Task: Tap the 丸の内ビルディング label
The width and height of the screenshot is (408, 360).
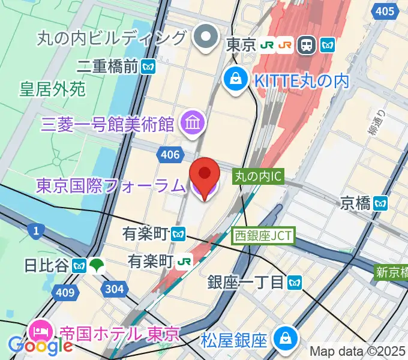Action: coord(112,38)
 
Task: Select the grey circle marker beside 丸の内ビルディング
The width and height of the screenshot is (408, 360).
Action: coord(206,38)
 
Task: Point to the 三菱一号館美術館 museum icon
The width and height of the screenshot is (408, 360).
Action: coord(193,123)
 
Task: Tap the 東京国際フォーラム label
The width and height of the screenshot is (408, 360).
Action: coord(110,186)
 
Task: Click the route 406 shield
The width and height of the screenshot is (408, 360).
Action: coord(170,155)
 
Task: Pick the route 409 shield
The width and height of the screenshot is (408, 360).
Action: coord(68,293)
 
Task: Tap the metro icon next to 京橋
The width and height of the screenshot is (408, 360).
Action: coord(380,203)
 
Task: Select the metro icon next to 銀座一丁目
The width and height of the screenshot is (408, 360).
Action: coord(293,281)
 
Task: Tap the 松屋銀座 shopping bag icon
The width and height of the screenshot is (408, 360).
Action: coord(283,340)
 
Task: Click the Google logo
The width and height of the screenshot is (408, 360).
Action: coord(40,346)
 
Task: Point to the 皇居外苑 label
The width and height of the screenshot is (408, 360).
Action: coord(53,90)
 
